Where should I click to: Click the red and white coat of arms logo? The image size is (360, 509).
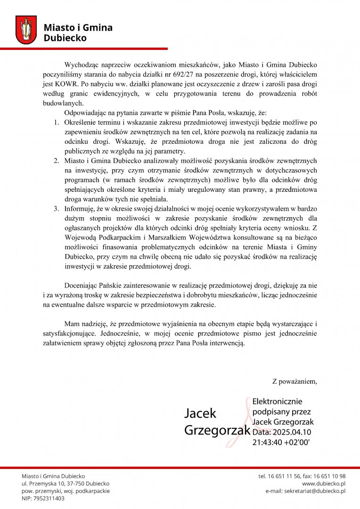point(26,30)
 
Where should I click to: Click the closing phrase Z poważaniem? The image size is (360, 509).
point(295,381)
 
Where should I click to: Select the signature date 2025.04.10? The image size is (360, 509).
point(292,432)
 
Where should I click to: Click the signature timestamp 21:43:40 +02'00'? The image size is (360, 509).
point(281,443)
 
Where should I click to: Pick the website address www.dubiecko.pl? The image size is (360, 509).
point(324,484)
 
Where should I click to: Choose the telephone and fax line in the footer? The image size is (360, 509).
point(302,476)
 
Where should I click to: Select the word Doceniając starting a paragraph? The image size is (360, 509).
point(82,286)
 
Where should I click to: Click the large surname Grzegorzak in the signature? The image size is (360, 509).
point(217,430)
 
